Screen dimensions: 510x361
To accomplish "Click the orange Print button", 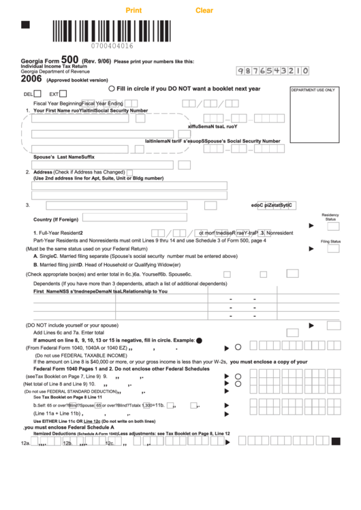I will pyautogui.click(x=134, y=10).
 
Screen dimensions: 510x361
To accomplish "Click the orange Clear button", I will pyautogui.click(x=204, y=10).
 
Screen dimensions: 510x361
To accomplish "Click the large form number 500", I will pyautogui.click(x=69, y=59).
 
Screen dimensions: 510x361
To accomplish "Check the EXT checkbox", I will pyautogui.click(x=63, y=94).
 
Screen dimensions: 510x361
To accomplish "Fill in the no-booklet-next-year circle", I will pyautogui.click(x=112, y=89).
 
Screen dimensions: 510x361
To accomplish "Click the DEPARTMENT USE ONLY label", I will pyautogui.click(x=313, y=90).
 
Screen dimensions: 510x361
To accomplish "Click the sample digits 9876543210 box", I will pyautogui.click(x=273, y=70).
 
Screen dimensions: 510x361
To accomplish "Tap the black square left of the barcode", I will pyautogui.click(x=26, y=25).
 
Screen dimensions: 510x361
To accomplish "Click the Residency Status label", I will pyautogui.click(x=330, y=217).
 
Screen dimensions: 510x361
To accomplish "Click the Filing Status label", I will pyautogui.click(x=330, y=241).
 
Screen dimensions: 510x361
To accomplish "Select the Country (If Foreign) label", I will pyautogui.click(x=56, y=219).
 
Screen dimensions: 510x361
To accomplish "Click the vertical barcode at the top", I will pyautogui.click(x=112, y=30).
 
